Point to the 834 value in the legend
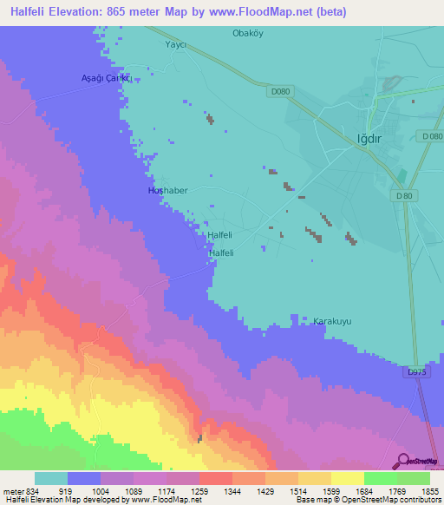pyautogui.click(x=33, y=490)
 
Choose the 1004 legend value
pyautogui.click(x=100, y=490)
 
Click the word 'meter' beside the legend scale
pyautogui.click(x=11, y=490)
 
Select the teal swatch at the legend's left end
pyautogui.click(x=50, y=478)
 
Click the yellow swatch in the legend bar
pyautogui.click(x=347, y=478)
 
